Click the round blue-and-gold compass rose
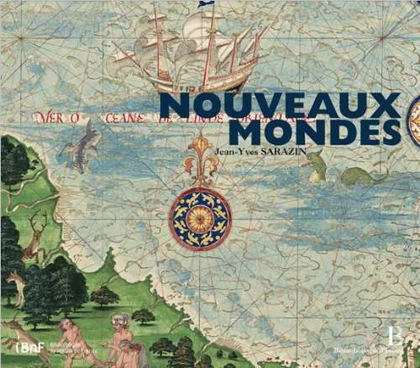[x=199, y=220]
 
